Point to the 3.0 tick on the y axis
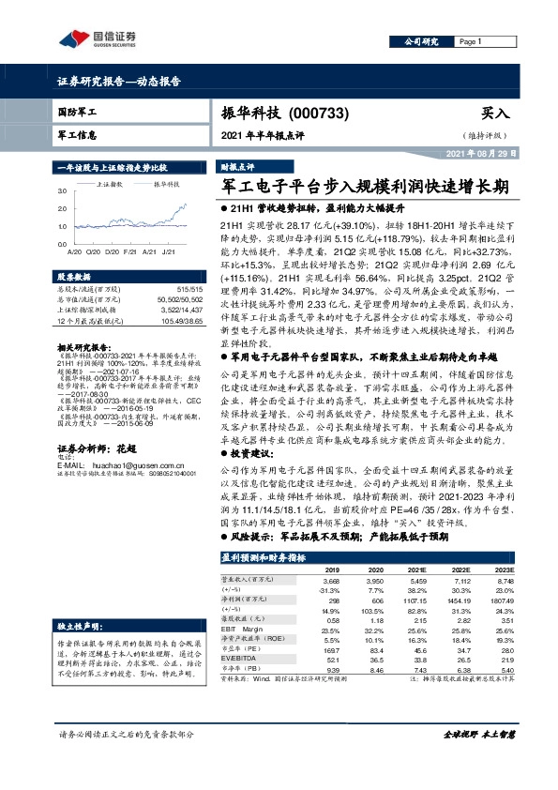point(63,191)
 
